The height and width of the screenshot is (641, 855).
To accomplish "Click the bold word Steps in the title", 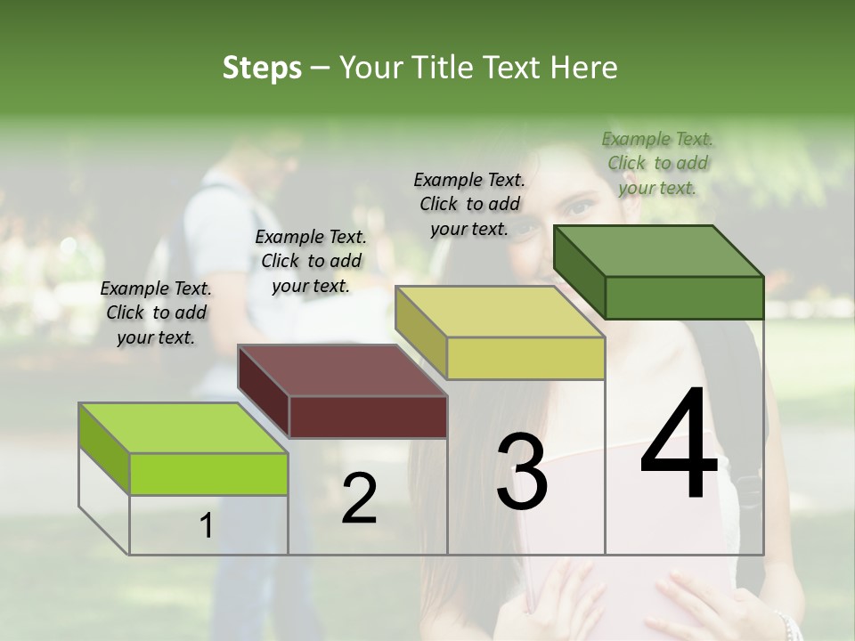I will [x=262, y=68].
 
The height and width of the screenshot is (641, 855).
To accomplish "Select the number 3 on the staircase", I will [x=522, y=472].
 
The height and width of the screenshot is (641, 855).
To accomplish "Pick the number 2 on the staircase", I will [x=360, y=499].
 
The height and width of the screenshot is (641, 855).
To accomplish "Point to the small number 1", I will [x=206, y=526].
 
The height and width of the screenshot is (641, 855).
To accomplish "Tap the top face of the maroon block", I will [x=342, y=369].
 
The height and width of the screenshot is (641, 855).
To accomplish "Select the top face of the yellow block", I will [x=500, y=311].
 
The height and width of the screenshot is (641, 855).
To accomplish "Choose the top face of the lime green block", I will [x=183, y=427].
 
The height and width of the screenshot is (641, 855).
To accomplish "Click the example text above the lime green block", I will [x=156, y=312].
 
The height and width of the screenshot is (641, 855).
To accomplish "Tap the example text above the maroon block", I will [x=311, y=261].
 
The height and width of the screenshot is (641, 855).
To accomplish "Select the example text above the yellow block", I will [x=469, y=204].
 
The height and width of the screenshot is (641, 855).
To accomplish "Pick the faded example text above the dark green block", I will [x=657, y=163].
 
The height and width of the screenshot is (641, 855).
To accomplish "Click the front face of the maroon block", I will [x=368, y=417].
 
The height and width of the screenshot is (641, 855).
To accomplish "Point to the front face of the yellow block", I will [x=525, y=358].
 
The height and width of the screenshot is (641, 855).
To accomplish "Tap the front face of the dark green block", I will [x=684, y=297].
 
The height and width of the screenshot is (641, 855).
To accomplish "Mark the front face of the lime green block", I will [x=208, y=474].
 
